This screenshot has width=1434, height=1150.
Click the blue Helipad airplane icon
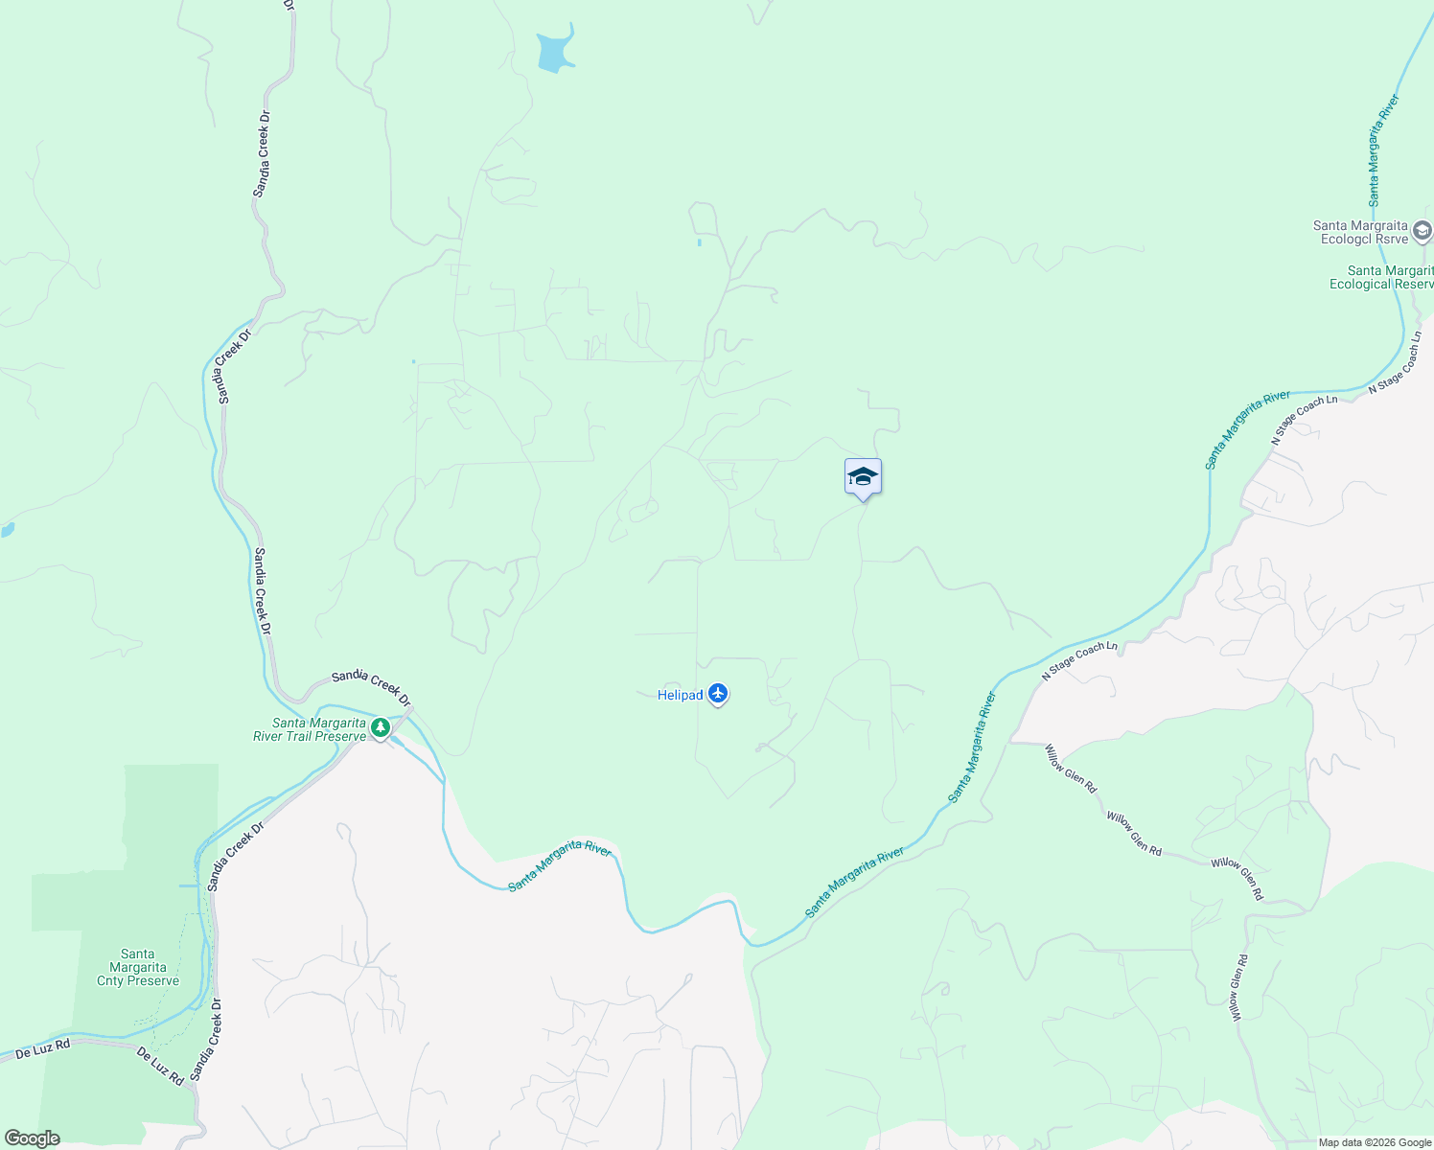tap(718, 694)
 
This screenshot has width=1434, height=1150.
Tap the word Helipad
tap(680, 695)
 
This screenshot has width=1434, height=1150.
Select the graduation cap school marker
tap(863, 477)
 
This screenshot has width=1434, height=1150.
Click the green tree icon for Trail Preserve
tap(381, 728)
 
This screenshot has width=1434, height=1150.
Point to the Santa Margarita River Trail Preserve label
tap(309, 729)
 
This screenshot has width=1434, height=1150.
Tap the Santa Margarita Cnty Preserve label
tap(138, 967)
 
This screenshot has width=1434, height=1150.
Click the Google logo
tap(32, 1138)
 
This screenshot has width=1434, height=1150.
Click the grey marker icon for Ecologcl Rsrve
tap(1422, 231)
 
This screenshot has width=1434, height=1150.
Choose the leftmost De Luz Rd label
tap(43, 1049)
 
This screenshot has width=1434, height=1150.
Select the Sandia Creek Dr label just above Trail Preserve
tap(371, 685)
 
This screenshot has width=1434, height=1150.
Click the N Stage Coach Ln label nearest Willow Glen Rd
tap(1080, 661)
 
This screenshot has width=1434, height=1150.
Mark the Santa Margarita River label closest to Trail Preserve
tap(560, 864)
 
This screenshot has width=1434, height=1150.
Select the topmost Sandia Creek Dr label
tap(262, 153)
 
